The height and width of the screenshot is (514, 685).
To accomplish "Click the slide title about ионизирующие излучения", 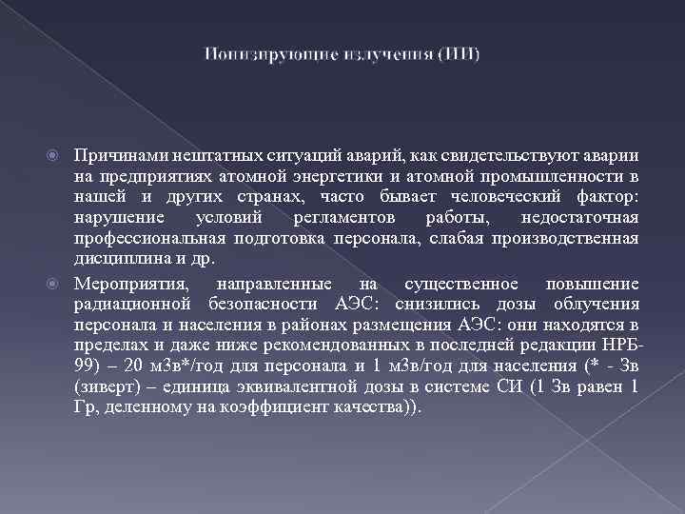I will (342, 53).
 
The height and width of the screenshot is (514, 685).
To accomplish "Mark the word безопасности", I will (264, 305).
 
